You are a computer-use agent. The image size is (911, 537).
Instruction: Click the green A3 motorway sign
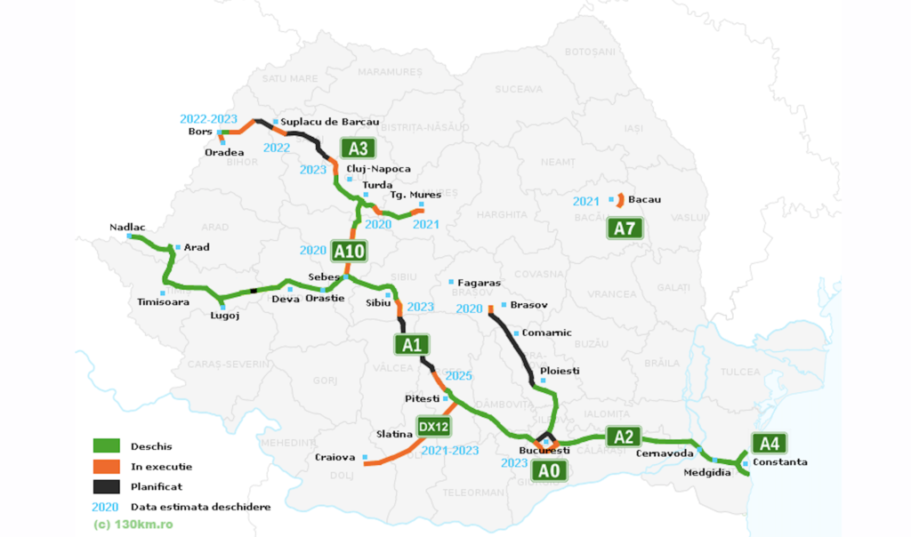pos(358,148)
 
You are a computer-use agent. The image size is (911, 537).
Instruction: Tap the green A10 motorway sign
pos(348,252)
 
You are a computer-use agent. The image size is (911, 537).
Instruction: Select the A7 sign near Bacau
pos(625,228)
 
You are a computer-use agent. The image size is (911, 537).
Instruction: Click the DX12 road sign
pos(433,427)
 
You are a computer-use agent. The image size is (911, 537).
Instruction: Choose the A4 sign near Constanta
pos(768,443)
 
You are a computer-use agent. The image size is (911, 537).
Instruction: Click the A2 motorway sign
pos(624,436)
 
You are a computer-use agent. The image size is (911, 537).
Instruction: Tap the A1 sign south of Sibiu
pos(411,344)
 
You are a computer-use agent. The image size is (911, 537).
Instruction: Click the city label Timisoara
pos(163,302)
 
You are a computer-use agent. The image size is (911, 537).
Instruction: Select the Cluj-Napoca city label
pos(385,169)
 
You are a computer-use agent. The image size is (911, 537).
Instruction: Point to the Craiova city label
pos(335,457)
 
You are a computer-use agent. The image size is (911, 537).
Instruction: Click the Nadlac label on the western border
pos(127,227)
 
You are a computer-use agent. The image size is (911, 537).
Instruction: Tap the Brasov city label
pos(528,304)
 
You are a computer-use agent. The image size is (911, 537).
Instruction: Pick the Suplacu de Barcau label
pos(330,122)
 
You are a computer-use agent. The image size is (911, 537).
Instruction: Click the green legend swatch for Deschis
pos(107,445)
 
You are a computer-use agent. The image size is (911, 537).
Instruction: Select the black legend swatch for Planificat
pos(107,486)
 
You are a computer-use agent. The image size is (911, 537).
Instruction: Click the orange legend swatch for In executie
pos(107,466)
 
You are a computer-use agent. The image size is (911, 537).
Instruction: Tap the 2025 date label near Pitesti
pos(458,376)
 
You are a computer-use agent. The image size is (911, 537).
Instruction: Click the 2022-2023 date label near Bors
pos(208,118)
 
